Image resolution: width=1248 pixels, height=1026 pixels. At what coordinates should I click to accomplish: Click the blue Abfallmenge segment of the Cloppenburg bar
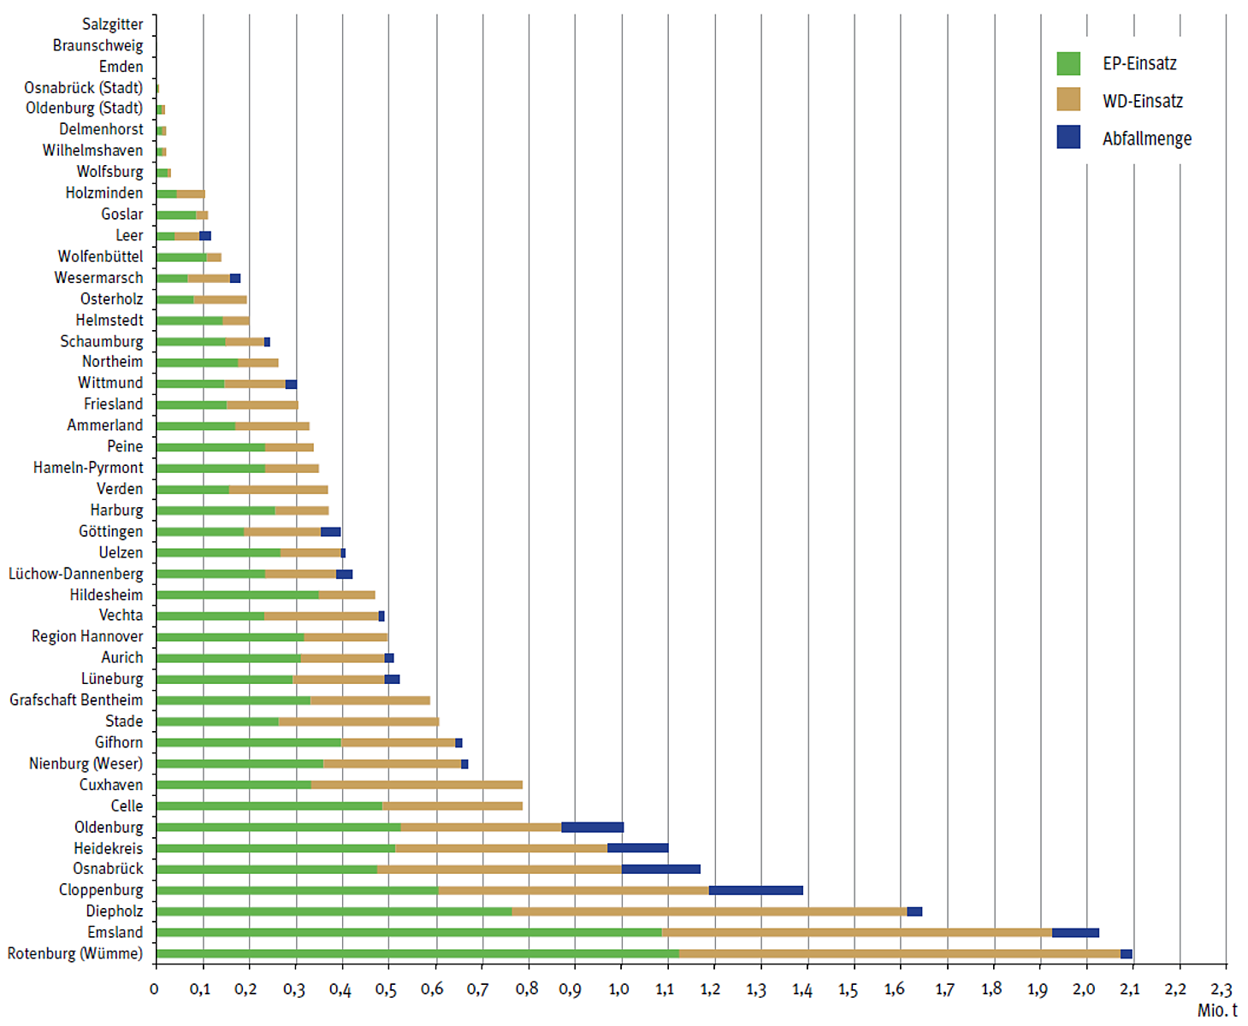755,890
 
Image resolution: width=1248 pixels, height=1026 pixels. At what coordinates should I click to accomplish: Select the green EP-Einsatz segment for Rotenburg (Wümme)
417,953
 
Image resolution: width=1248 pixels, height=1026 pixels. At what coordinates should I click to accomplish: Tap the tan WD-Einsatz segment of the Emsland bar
856,933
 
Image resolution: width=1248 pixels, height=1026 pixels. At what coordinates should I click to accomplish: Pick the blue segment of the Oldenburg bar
592,827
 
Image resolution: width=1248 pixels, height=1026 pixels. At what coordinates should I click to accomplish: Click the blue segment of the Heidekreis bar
637,848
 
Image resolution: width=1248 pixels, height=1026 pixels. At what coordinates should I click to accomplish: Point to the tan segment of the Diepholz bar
709,911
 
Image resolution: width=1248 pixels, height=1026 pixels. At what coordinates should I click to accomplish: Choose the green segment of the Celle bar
269,805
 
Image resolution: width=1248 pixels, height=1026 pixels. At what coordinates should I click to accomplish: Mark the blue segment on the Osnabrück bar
660,869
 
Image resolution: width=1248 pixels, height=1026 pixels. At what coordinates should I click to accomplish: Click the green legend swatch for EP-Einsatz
1068,63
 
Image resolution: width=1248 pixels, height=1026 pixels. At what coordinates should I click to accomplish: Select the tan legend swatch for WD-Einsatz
1068,100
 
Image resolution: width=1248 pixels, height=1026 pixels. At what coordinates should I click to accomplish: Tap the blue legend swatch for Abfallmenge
1068,137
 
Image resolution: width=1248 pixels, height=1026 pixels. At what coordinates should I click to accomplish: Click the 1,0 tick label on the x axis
618,989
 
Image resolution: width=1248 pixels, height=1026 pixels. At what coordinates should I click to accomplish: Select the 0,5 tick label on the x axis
386,989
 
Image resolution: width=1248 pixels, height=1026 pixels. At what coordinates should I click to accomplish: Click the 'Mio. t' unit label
1216,1011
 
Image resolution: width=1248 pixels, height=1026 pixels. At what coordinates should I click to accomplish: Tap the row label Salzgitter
112,24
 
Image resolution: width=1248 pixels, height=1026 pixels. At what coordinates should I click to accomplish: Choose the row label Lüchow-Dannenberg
76,574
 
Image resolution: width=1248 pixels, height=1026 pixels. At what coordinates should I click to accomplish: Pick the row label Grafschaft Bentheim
76,700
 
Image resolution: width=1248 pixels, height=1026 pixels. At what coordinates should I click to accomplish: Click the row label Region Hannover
87,636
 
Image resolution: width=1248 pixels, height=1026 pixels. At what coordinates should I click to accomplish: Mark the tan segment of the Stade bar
358,722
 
